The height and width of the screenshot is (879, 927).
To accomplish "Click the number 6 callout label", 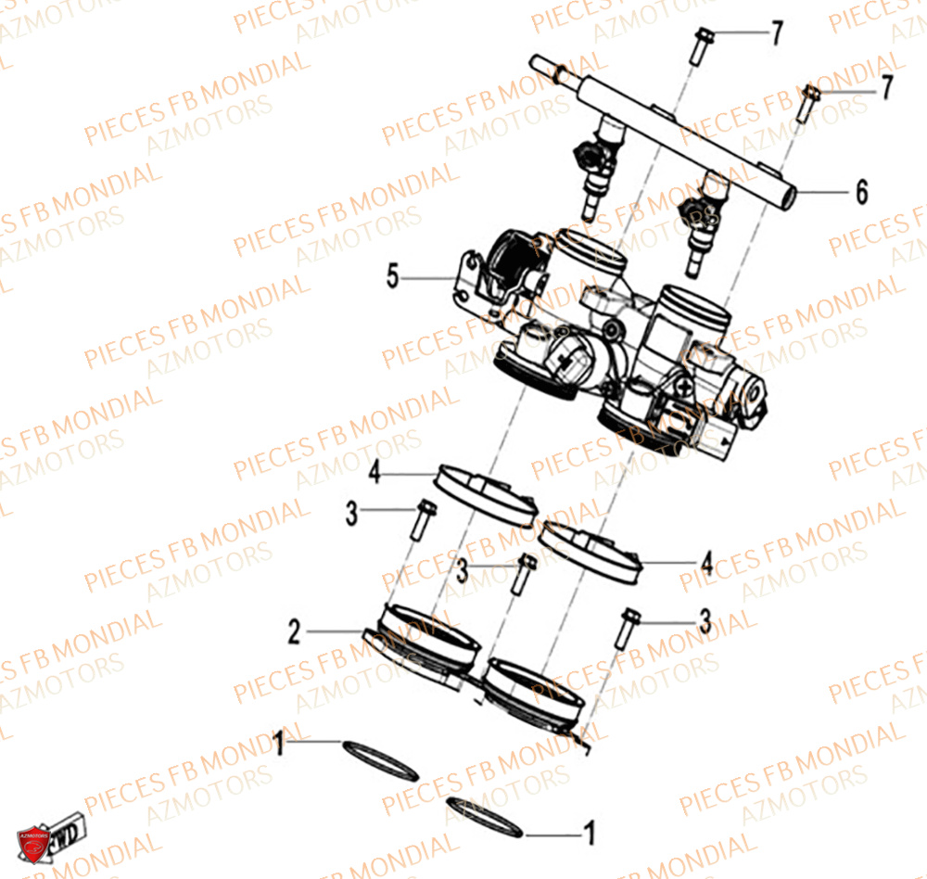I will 861,193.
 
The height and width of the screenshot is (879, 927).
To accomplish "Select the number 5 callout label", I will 393,276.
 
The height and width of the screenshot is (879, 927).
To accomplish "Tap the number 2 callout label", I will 294,632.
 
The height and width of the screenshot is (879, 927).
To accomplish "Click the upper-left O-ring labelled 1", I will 380,759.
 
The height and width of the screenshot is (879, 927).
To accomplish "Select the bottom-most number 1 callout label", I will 588,834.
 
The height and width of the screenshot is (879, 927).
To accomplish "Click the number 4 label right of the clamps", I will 706,563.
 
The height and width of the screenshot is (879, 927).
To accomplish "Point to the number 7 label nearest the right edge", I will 886,88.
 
